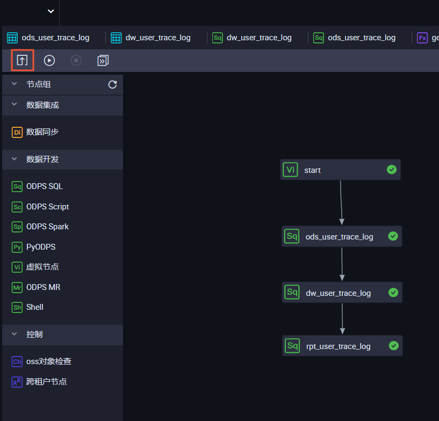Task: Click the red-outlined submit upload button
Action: point(23,60)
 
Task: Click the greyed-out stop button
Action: point(76,61)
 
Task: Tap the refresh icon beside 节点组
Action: point(112,84)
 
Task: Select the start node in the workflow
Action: point(340,170)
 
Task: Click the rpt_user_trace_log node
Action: point(342,346)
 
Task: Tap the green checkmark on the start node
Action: point(392,170)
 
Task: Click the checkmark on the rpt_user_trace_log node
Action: point(394,346)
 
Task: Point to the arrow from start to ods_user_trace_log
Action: point(341,202)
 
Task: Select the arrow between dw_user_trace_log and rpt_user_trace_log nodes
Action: point(342,319)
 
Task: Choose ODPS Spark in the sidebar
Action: point(40,227)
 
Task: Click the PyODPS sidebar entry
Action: point(34,247)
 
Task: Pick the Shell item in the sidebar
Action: point(27,307)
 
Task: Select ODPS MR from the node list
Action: point(36,287)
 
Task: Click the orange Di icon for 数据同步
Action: point(17,132)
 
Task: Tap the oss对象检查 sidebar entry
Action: point(41,361)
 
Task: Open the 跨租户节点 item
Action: point(39,382)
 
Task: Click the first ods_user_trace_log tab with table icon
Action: point(48,38)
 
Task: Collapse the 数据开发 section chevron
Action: point(15,159)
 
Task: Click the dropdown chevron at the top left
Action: point(51,11)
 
